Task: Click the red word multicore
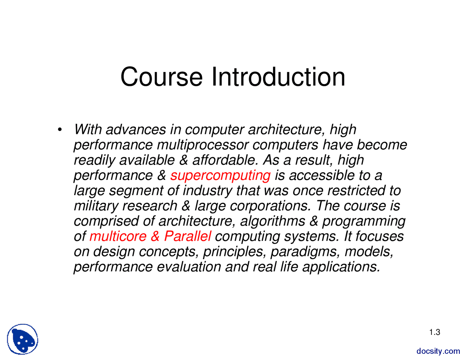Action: (x=118, y=236)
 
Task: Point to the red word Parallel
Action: (x=187, y=236)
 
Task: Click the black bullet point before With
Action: (x=60, y=130)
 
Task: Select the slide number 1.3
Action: (x=434, y=332)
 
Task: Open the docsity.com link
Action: (x=438, y=351)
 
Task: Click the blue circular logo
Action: (x=23, y=339)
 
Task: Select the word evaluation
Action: (x=189, y=267)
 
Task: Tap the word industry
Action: (x=208, y=191)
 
